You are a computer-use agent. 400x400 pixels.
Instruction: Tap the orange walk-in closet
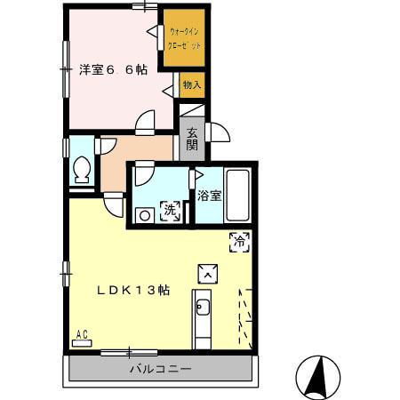click(x=184, y=38)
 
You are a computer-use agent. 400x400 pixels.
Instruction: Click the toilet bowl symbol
click(x=81, y=167)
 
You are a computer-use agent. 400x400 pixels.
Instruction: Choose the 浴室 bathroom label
click(x=210, y=195)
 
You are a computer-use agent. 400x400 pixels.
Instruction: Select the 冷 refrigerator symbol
click(x=239, y=239)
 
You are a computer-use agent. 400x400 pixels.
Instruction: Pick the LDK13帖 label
click(x=134, y=291)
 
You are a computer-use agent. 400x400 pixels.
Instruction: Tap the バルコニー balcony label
click(x=161, y=369)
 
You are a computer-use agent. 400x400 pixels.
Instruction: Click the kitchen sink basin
click(x=202, y=308)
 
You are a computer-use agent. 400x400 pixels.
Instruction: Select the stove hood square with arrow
click(x=206, y=273)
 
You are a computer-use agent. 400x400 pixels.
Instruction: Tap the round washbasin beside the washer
click(x=143, y=213)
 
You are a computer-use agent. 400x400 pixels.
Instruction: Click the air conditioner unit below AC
click(x=82, y=342)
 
